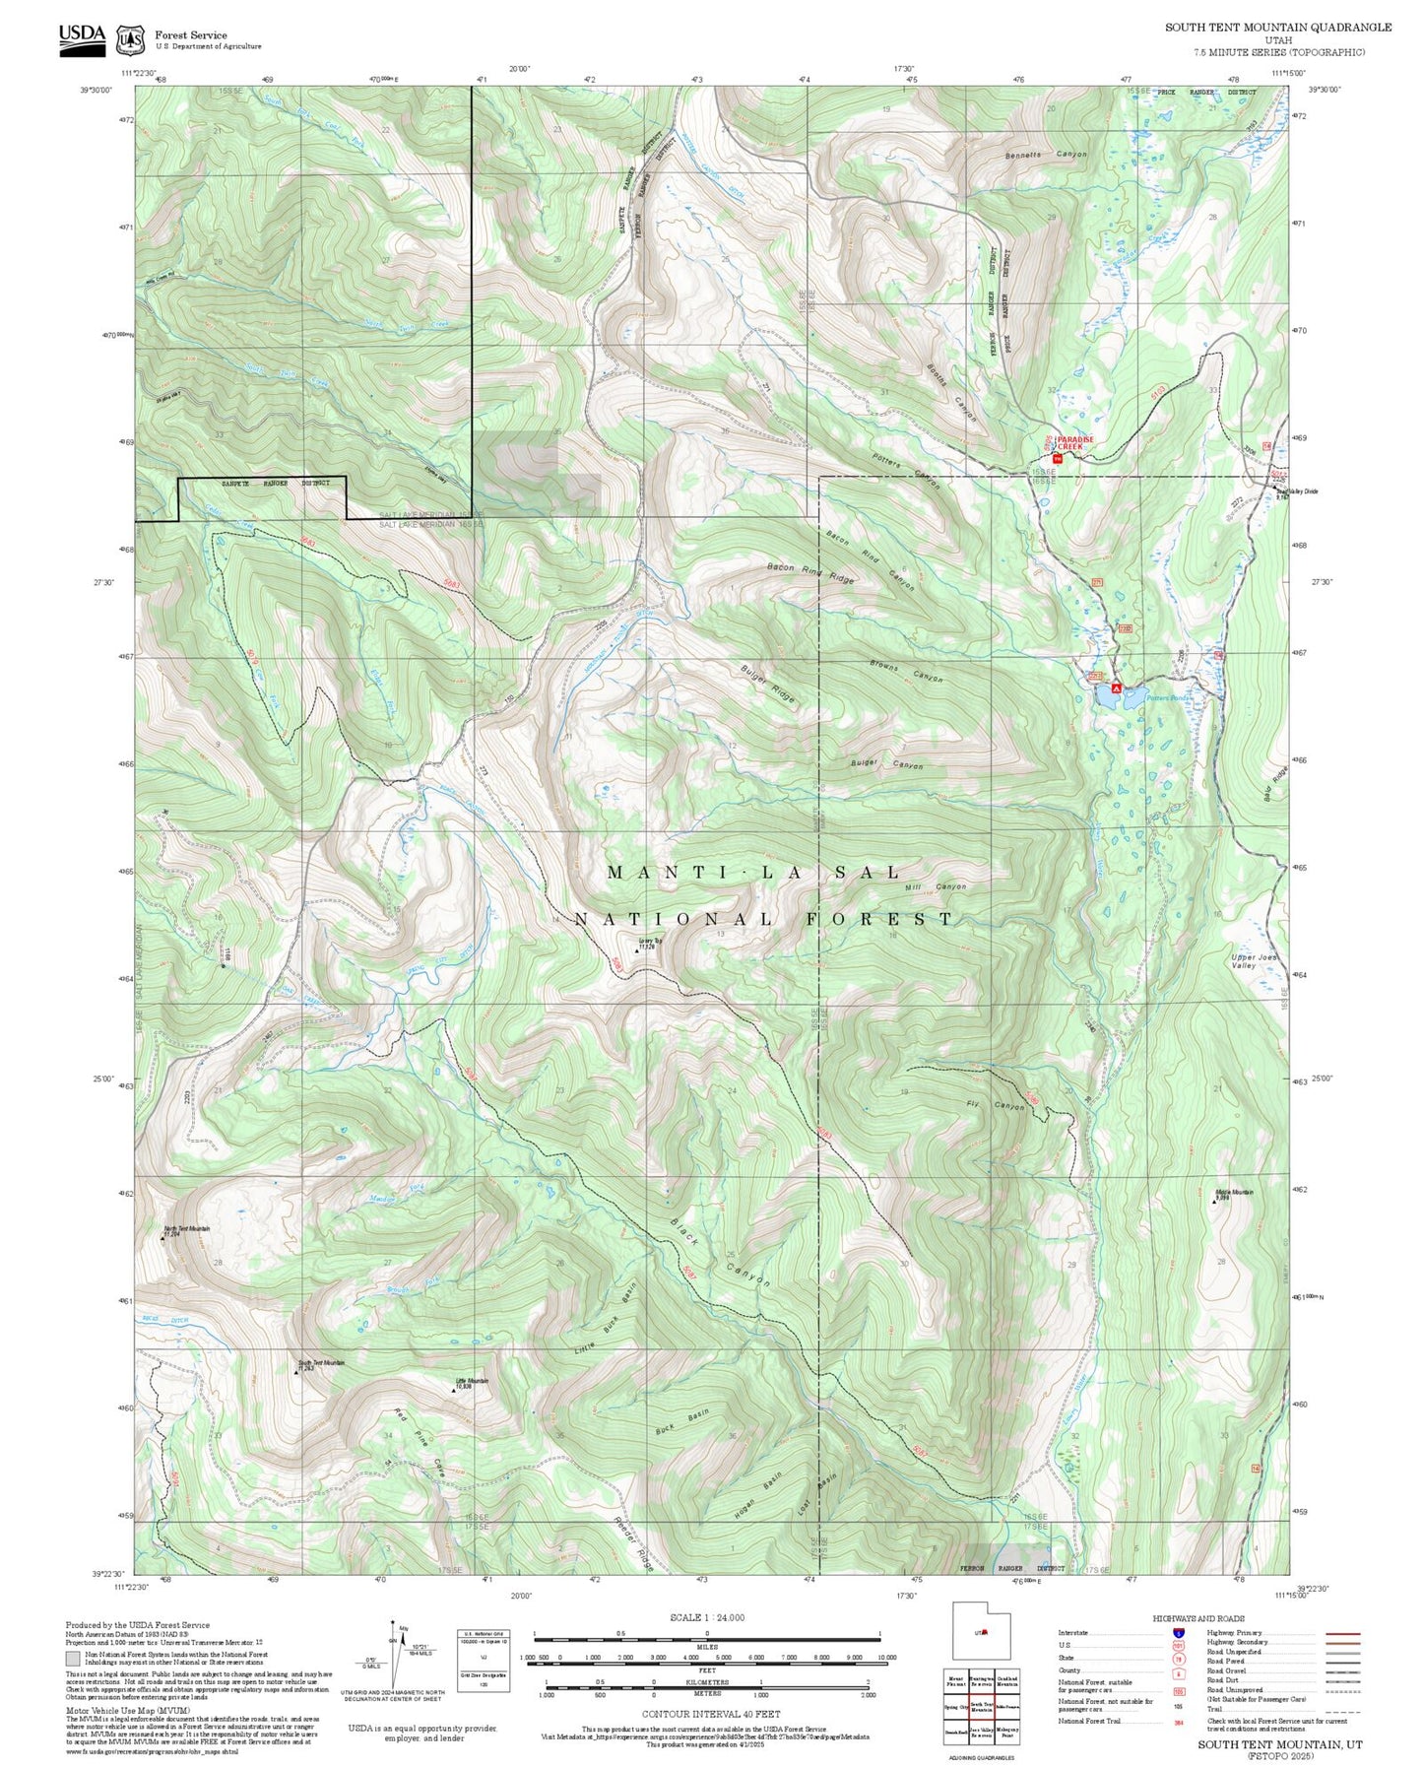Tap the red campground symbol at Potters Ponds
(1116, 688)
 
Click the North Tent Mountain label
(186, 1230)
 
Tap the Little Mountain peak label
(470, 1383)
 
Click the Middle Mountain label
(1233, 1194)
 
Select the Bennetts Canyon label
(1046, 155)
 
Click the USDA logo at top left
(82, 38)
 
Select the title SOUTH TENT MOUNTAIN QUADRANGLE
(1278, 28)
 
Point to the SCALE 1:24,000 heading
(706, 1616)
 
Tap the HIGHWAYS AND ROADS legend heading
(1197, 1618)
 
